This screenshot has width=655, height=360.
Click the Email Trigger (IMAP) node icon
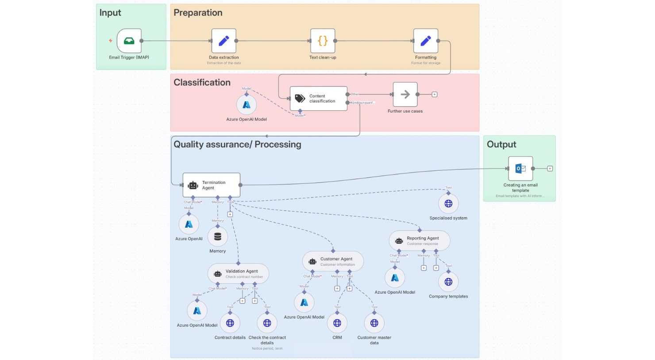tap(129, 41)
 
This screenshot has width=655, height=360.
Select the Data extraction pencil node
tap(223, 41)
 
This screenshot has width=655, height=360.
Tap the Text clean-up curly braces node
tap(323, 41)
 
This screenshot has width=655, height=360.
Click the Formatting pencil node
tap(425, 41)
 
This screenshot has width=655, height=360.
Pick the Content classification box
tap(318, 98)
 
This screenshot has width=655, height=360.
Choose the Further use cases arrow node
tap(405, 94)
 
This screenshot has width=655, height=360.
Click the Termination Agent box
tap(212, 185)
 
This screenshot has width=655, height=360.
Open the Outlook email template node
tap(520, 169)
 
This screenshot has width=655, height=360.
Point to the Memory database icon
tap(217, 237)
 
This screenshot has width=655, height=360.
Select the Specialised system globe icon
tap(448, 203)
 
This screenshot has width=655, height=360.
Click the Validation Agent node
tap(238, 274)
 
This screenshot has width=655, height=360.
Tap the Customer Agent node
tap(333, 261)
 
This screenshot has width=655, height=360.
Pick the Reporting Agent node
tap(419, 241)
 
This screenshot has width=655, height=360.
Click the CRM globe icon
tap(337, 323)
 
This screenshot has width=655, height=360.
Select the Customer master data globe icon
tap(374, 323)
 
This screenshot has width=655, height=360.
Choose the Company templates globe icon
tap(448, 282)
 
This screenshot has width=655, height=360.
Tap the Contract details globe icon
tap(230, 323)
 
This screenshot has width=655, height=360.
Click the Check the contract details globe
tap(267, 323)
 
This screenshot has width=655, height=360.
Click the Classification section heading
tap(202, 83)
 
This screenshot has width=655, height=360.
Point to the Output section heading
tap(501, 145)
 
